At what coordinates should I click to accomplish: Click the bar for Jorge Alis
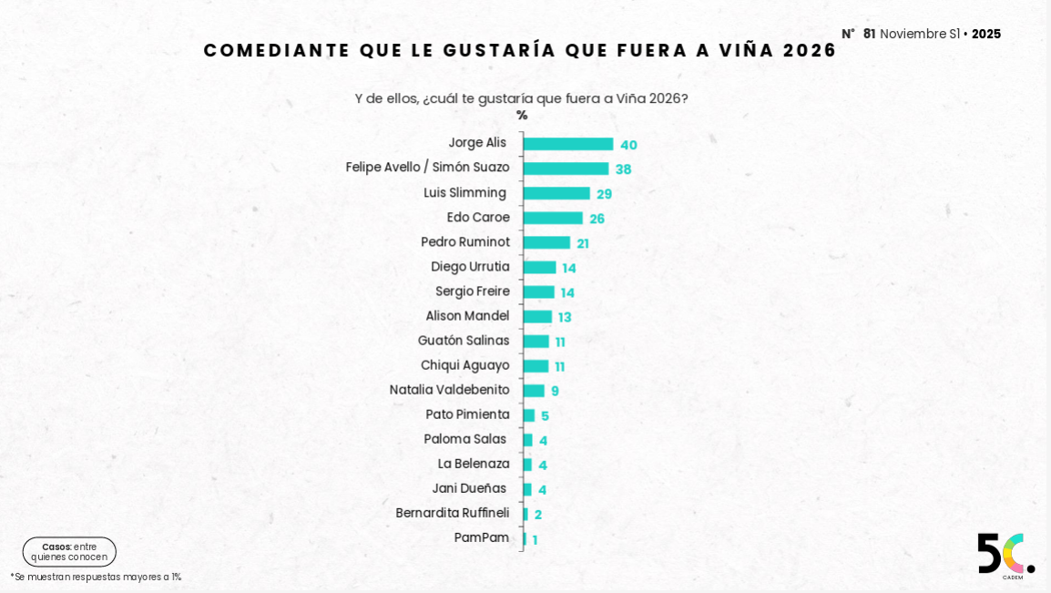pyautogui.click(x=568, y=144)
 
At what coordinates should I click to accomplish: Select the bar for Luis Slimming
pyautogui.click(x=556, y=193)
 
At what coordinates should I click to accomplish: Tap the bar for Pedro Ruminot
pyautogui.click(x=546, y=242)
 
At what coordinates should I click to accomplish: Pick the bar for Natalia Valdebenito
pyautogui.click(x=534, y=391)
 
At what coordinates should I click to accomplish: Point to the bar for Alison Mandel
pyautogui.click(x=537, y=317)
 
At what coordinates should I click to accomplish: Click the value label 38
pyautogui.click(x=623, y=169)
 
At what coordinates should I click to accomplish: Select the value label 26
pyautogui.click(x=597, y=219)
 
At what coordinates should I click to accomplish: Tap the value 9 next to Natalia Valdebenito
pyautogui.click(x=555, y=391)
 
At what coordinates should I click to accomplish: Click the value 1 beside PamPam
pyautogui.click(x=536, y=540)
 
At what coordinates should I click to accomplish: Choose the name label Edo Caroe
pyautogui.click(x=478, y=217)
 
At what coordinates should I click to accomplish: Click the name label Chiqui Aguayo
pyautogui.click(x=464, y=365)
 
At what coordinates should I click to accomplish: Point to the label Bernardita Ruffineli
pyautogui.click(x=453, y=513)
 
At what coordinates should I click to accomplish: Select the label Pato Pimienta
pyautogui.click(x=467, y=414)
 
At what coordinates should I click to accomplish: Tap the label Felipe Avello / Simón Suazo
pyautogui.click(x=427, y=168)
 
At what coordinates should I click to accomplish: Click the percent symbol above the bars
pyautogui.click(x=522, y=116)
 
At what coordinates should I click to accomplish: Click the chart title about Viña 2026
pyautogui.click(x=520, y=50)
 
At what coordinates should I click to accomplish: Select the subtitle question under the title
pyautogui.click(x=521, y=98)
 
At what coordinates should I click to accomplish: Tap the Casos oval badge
pyautogui.click(x=69, y=552)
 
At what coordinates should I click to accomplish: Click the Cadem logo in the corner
pyautogui.click(x=1005, y=555)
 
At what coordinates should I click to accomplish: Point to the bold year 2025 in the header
pyautogui.click(x=986, y=34)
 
